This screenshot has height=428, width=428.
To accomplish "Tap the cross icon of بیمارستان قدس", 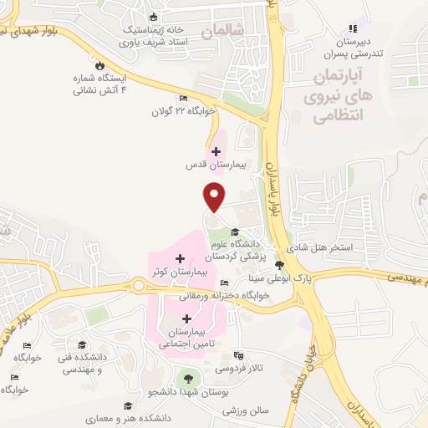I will pos(217,151).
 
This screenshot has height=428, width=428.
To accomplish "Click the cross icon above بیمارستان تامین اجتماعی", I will pos(186,318).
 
